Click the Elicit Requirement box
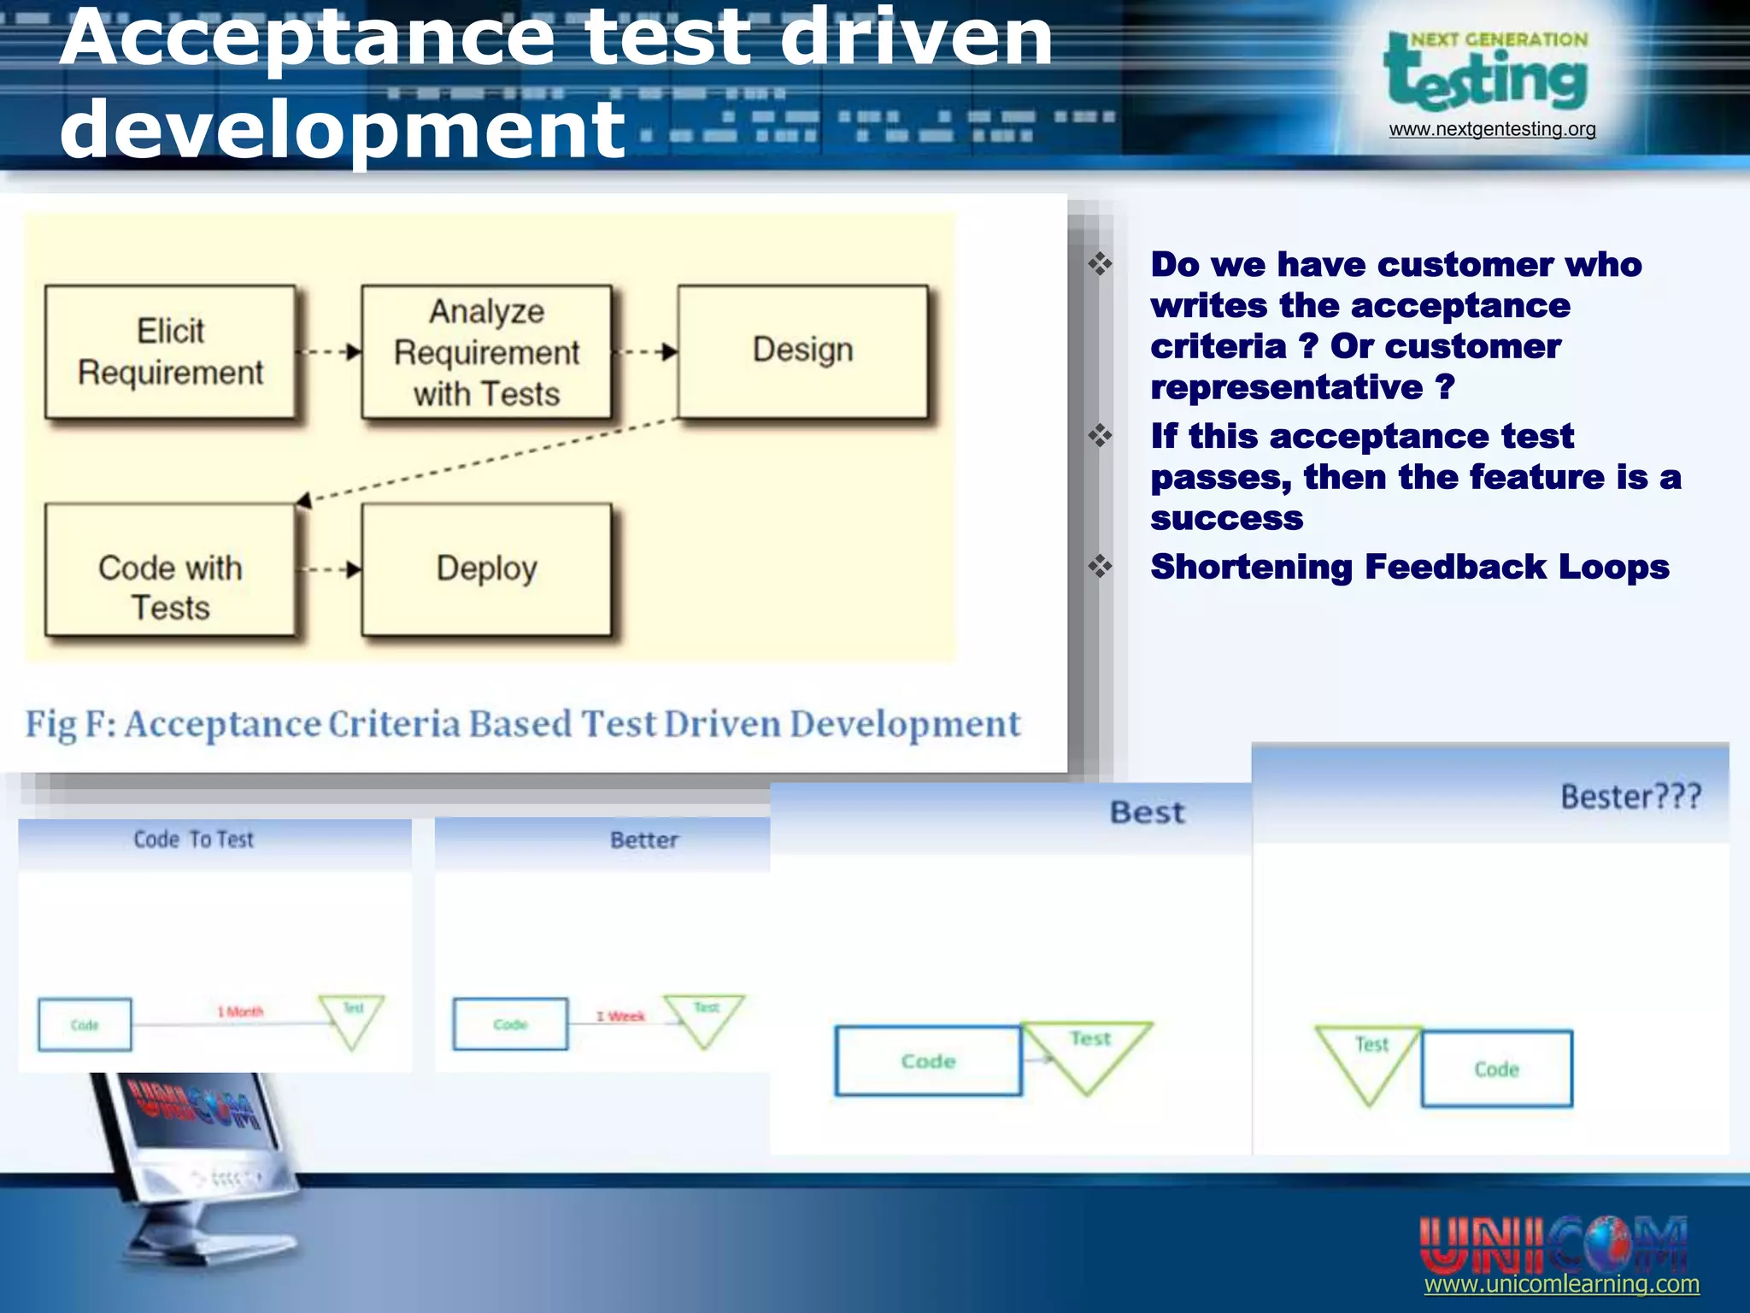pos(170,351)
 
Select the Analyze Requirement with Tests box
pos(486,351)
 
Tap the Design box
pos(802,351)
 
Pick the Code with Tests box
pos(170,569)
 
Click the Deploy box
pos(486,569)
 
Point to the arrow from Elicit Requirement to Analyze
pos(329,351)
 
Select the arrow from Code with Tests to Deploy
pos(329,569)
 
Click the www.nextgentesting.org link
pos(1492,129)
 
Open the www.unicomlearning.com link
pos(1561,1284)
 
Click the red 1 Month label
pos(240,1012)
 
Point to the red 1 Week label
pos(621,1016)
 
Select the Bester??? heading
pos(1630,797)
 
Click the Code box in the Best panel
pos(928,1061)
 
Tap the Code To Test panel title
pos(194,839)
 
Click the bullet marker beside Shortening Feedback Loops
pos(1100,566)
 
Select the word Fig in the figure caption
pos(50,725)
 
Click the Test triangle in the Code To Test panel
pos(352,1017)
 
